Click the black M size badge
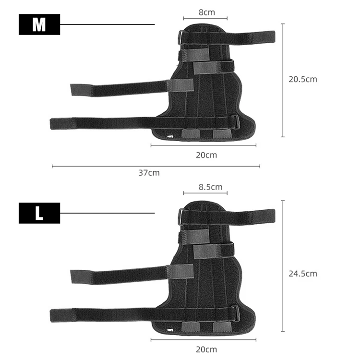pyautogui.click(x=39, y=24)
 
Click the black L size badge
pyautogui.click(x=39, y=213)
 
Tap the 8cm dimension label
pyautogui.click(x=206, y=12)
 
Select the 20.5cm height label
pyautogui.click(x=303, y=79)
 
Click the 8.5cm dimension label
pyautogui.click(x=210, y=187)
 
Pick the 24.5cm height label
pyautogui.click(x=303, y=274)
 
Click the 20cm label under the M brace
pyautogui.click(x=206, y=155)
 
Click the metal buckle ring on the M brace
pyautogui.click(x=180, y=37)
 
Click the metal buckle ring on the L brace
pyautogui.click(x=180, y=215)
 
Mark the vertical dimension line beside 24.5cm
pyautogui.click(x=283, y=266)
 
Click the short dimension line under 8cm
pyautogui.click(x=205, y=19)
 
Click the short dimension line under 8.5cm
pyautogui.click(x=205, y=194)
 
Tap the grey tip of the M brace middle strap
pyautogui.click(x=80, y=90)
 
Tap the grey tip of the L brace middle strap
pyautogui.click(x=80, y=276)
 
